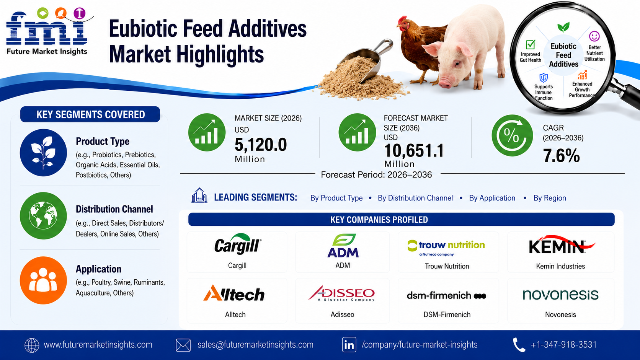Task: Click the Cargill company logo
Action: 238,244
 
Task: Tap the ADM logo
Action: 343,246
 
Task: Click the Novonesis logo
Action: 560,295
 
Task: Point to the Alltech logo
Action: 234,293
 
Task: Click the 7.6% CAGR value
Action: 561,156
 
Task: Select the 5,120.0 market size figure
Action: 261,145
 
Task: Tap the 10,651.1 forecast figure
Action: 414,150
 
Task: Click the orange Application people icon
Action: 43,280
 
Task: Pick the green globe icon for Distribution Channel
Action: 43,216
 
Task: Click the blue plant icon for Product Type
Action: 43,152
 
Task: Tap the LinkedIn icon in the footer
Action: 349,345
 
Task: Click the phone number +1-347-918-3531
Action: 563,345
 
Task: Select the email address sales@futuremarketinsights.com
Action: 255,345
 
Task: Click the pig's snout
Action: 446,82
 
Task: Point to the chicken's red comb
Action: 403,20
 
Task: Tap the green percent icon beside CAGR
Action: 512,135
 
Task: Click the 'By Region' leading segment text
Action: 550,198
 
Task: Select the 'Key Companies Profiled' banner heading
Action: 379,220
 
